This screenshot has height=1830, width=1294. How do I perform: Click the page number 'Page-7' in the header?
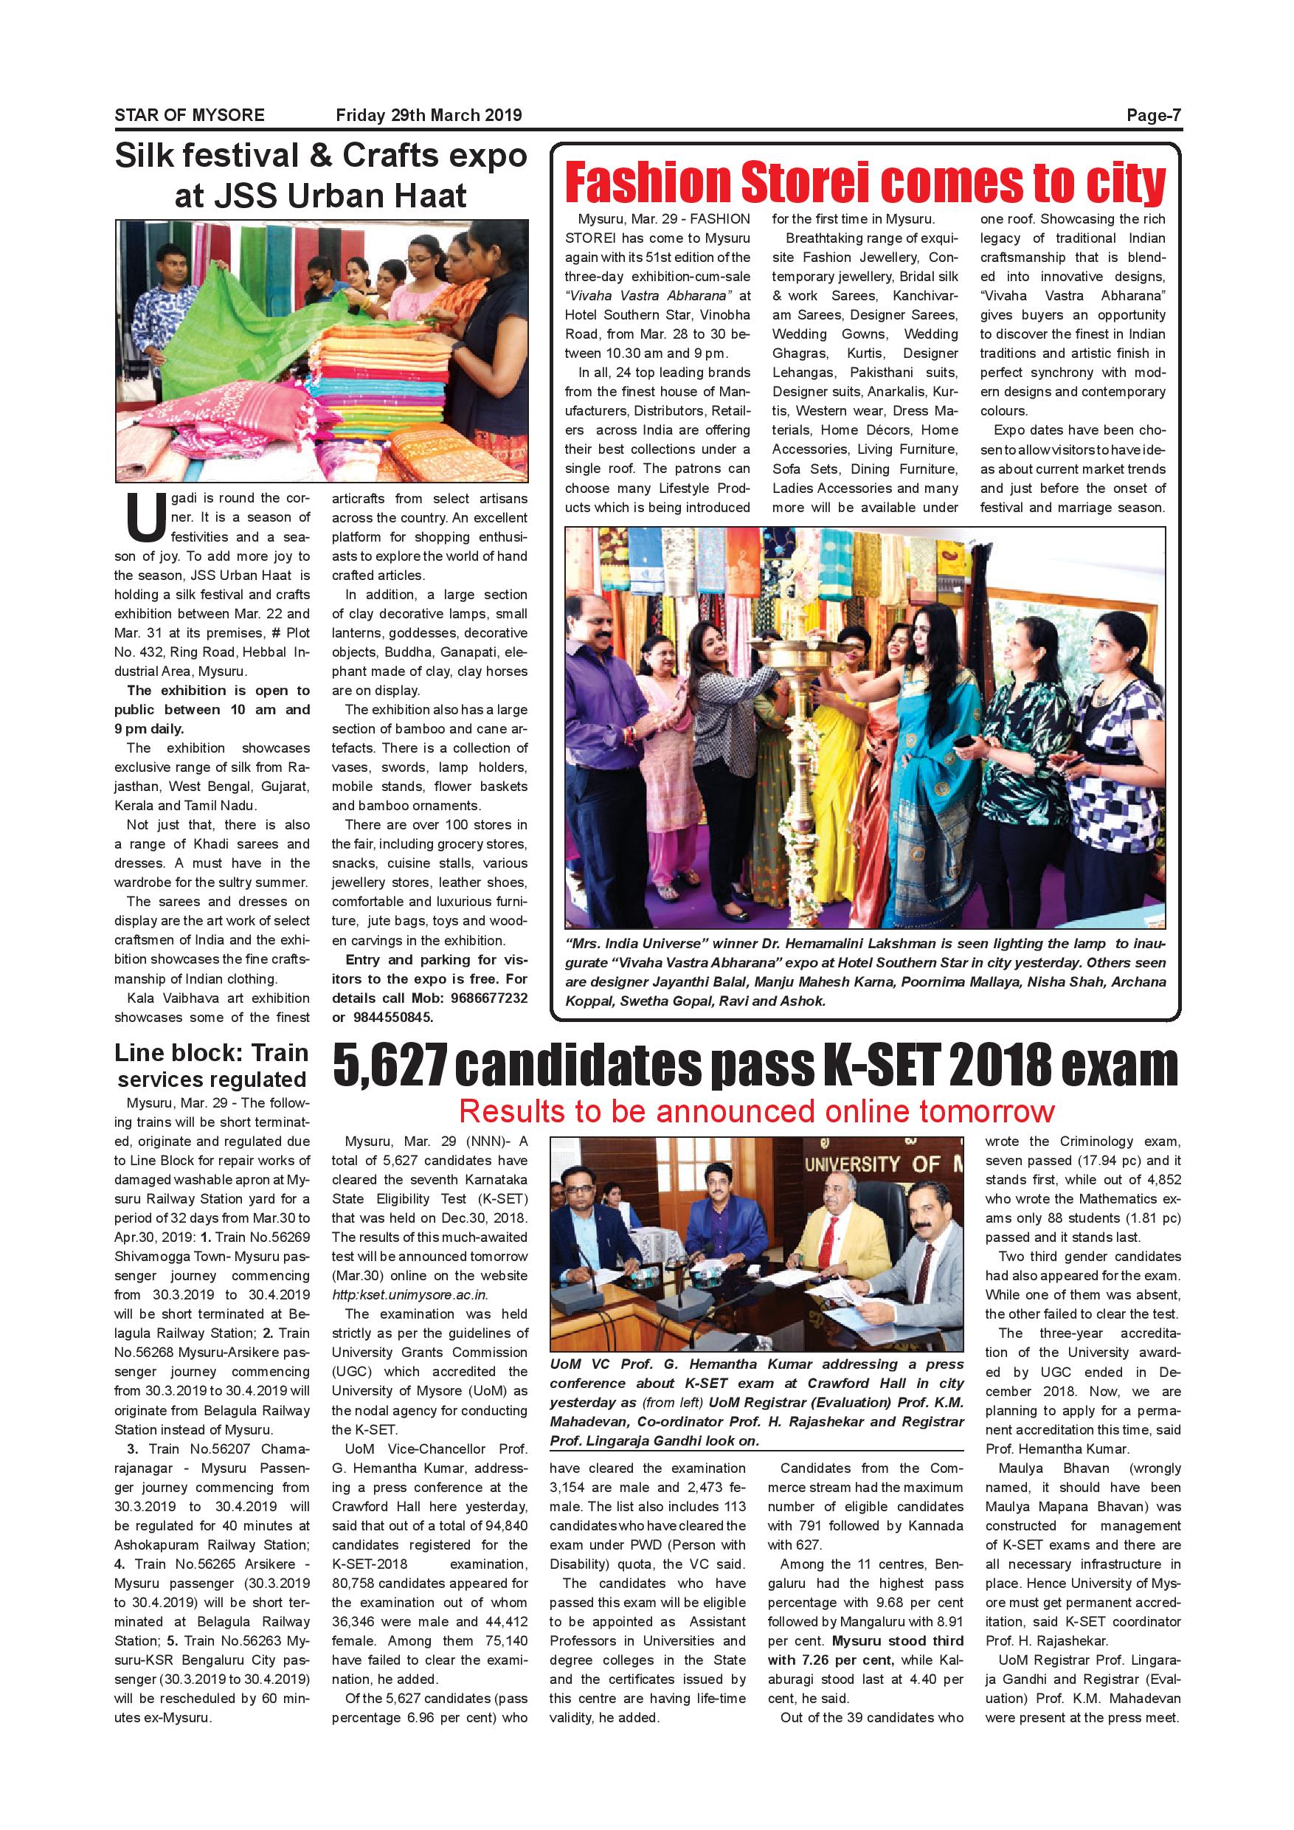(x=1154, y=115)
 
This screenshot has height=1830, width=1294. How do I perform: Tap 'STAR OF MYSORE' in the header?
(x=189, y=115)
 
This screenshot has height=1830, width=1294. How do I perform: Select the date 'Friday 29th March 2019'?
(x=429, y=115)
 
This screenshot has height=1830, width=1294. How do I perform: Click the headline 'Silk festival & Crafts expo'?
(x=320, y=156)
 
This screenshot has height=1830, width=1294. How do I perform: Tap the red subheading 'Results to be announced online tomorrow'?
(x=756, y=1111)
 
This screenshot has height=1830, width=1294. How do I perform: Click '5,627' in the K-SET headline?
(x=390, y=1066)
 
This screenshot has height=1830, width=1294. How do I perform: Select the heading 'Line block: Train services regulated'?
(x=211, y=1066)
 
